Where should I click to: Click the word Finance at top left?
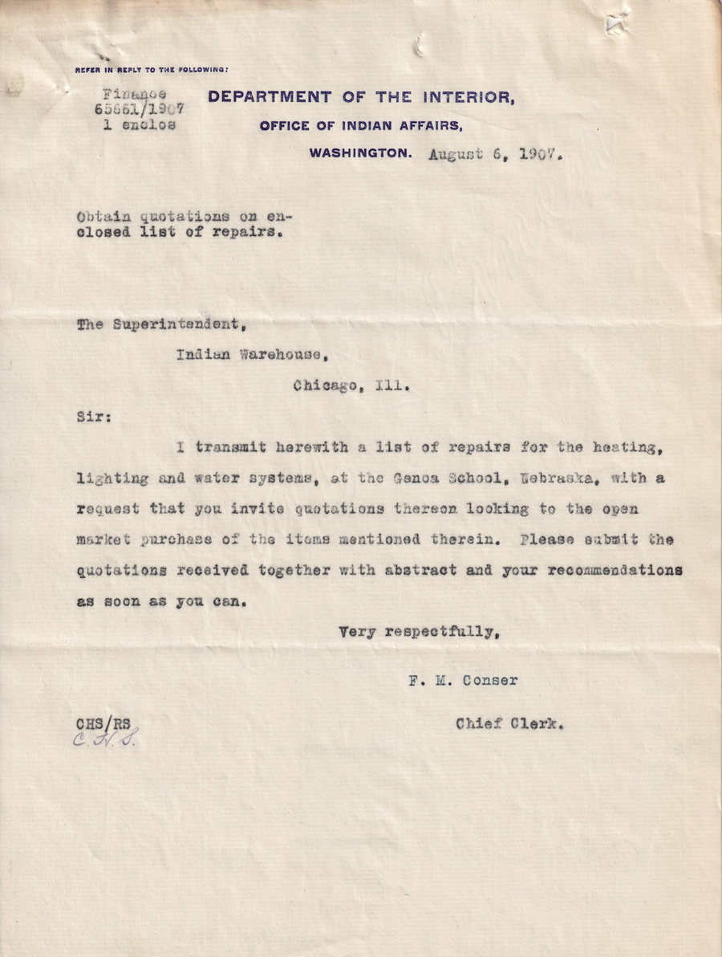click(x=135, y=94)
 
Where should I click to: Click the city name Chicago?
click(x=324, y=385)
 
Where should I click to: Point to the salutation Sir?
click(x=95, y=417)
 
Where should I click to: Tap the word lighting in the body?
click(x=112, y=478)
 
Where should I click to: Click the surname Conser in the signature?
click(x=490, y=681)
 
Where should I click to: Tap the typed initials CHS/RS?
click(x=103, y=724)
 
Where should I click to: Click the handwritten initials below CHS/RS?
click(x=106, y=740)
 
